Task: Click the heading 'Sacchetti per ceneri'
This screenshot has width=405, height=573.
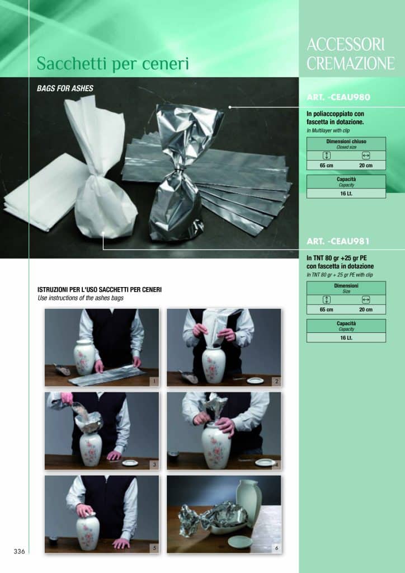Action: pyautogui.click(x=112, y=64)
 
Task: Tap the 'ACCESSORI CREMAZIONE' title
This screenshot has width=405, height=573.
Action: pyautogui.click(x=351, y=54)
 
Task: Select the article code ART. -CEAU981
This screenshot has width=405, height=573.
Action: pyautogui.click(x=338, y=242)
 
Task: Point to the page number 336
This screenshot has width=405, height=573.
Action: pyautogui.click(x=20, y=551)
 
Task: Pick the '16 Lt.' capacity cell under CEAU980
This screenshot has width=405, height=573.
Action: pyautogui.click(x=346, y=193)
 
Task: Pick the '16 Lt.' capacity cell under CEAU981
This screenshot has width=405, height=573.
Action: pyautogui.click(x=346, y=337)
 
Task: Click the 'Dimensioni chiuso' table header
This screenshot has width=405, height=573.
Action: pyautogui.click(x=346, y=144)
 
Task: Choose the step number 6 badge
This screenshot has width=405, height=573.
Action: pyautogui.click(x=276, y=548)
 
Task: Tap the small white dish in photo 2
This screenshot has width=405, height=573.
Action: pyautogui.click(x=255, y=381)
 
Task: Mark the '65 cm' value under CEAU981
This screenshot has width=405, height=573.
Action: pyautogui.click(x=326, y=309)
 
